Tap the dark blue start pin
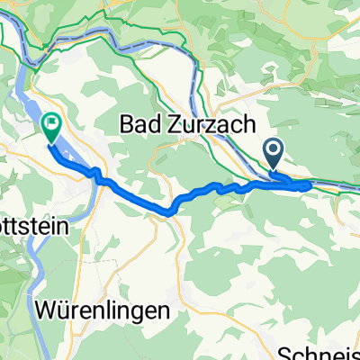274,148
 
